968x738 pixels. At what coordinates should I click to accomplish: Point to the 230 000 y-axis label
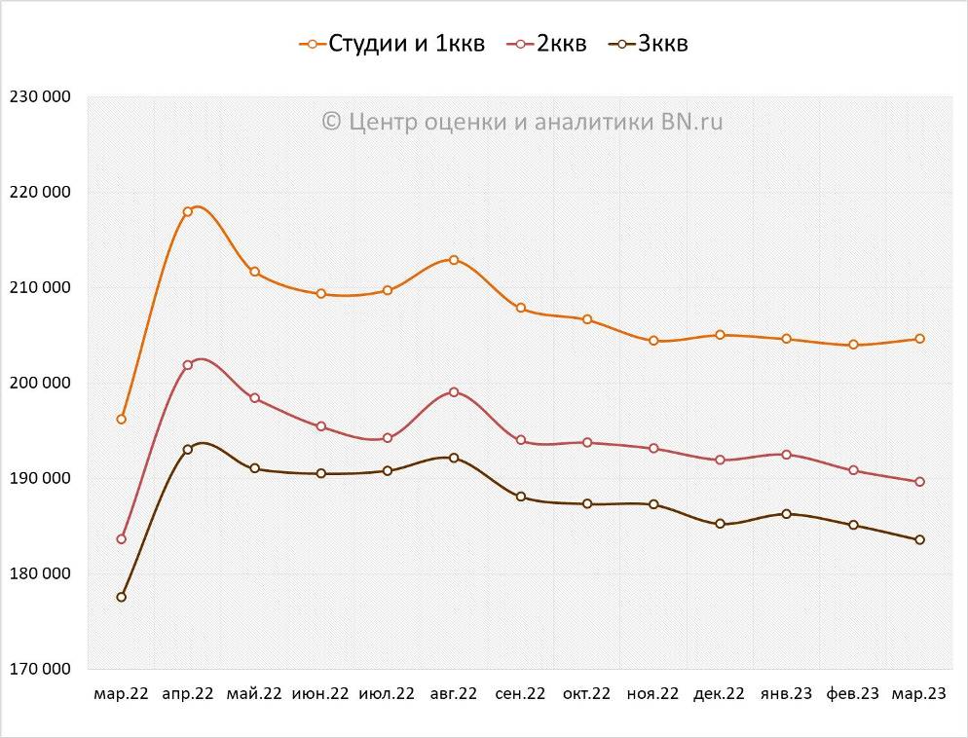pos(39,96)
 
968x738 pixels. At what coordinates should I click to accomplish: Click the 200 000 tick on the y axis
pos(39,383)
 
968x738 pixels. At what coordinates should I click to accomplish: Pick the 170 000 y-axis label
pos(39,669)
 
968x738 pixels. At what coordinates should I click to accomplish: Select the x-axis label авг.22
pos(453,694)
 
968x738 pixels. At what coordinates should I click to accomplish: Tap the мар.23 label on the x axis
pos(919,694)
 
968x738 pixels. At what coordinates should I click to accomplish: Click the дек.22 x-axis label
pos(719,694)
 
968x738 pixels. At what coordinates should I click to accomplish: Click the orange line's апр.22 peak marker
pos(188,211)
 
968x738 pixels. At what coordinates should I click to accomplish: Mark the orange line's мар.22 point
pos(121,419)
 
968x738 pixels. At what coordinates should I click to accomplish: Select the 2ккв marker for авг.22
pos(454,391)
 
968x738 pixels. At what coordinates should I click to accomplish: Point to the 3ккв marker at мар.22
pos(121,597)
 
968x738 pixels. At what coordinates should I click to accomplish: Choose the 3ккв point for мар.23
pos(919,539)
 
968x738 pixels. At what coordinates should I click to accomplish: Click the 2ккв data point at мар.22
pos(121,538)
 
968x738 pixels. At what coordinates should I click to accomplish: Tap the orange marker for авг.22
pos(454,260)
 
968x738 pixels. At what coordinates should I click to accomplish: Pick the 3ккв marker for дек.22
pos(720,524)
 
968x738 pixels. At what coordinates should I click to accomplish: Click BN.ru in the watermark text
pos(692,121)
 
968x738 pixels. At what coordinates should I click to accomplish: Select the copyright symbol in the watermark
pos(331,121)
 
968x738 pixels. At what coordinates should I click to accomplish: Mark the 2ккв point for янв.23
pos(786,455)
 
